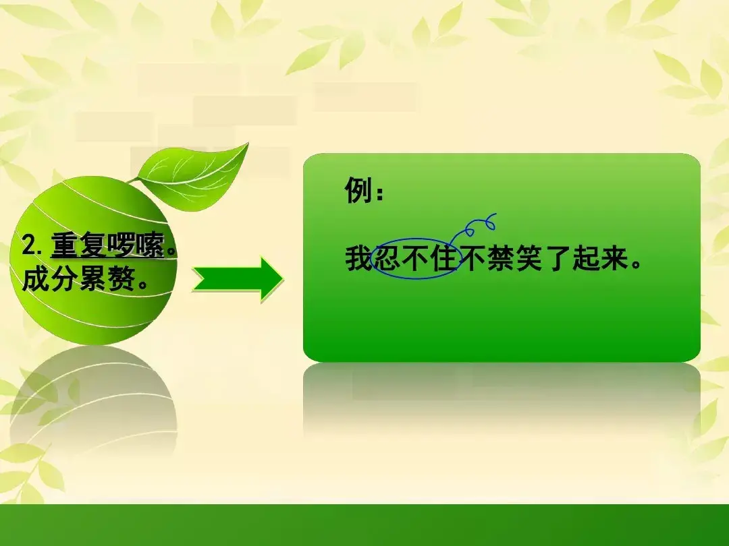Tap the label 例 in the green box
click(358, 190)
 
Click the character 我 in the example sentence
click(359, 258)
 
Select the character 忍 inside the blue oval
click(387, 258)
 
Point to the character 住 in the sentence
click(444, 258)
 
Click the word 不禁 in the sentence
click(487, 258)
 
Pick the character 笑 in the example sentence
click(530, 258)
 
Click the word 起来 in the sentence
click(600, 258)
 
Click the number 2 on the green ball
click(28, 245)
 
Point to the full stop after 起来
click(635, 266)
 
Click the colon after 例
click(380, 193)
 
